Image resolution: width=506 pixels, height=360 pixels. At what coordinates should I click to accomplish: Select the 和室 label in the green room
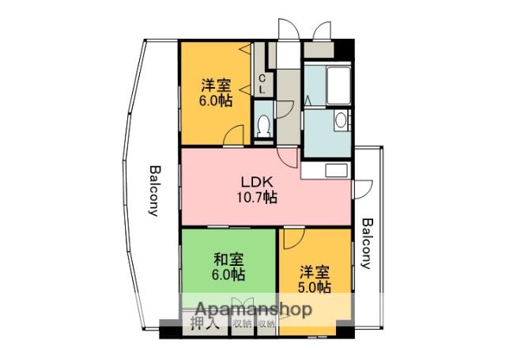pos(228,260)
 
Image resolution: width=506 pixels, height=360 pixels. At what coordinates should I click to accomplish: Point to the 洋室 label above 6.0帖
pos(215,85)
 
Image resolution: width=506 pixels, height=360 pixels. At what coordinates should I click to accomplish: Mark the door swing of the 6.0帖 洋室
pos(235,136)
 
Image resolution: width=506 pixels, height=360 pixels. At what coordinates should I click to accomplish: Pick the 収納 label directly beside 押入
pos(242,324)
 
